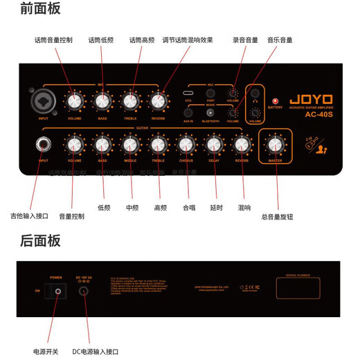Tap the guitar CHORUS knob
click(x=186, y=144)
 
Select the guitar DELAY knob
click(x=213, y=144)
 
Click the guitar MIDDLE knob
click(x=130, y=144)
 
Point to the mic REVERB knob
click(x=158, y=102)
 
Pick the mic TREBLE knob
click(x=130, y=102)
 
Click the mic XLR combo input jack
click(x=39, y=102)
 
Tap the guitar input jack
click(x=44, y=145)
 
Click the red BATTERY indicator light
click(x=274, y=100)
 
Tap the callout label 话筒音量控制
click(x=53, y=40)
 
